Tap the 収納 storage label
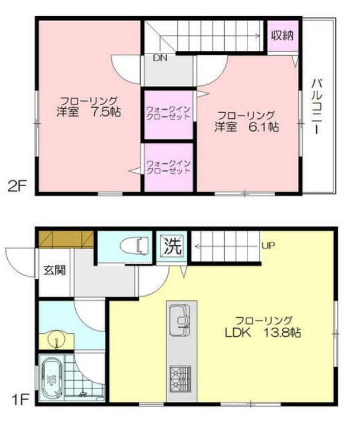(x=281, y=36)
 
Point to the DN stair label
(x=159, y=58)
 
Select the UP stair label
(x=268, y=245)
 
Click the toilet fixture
(x=134, y=246)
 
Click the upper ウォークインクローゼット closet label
(x=168, y=112)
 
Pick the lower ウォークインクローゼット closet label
(x=168, y=166)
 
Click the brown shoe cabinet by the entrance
(x=65, y=238)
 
